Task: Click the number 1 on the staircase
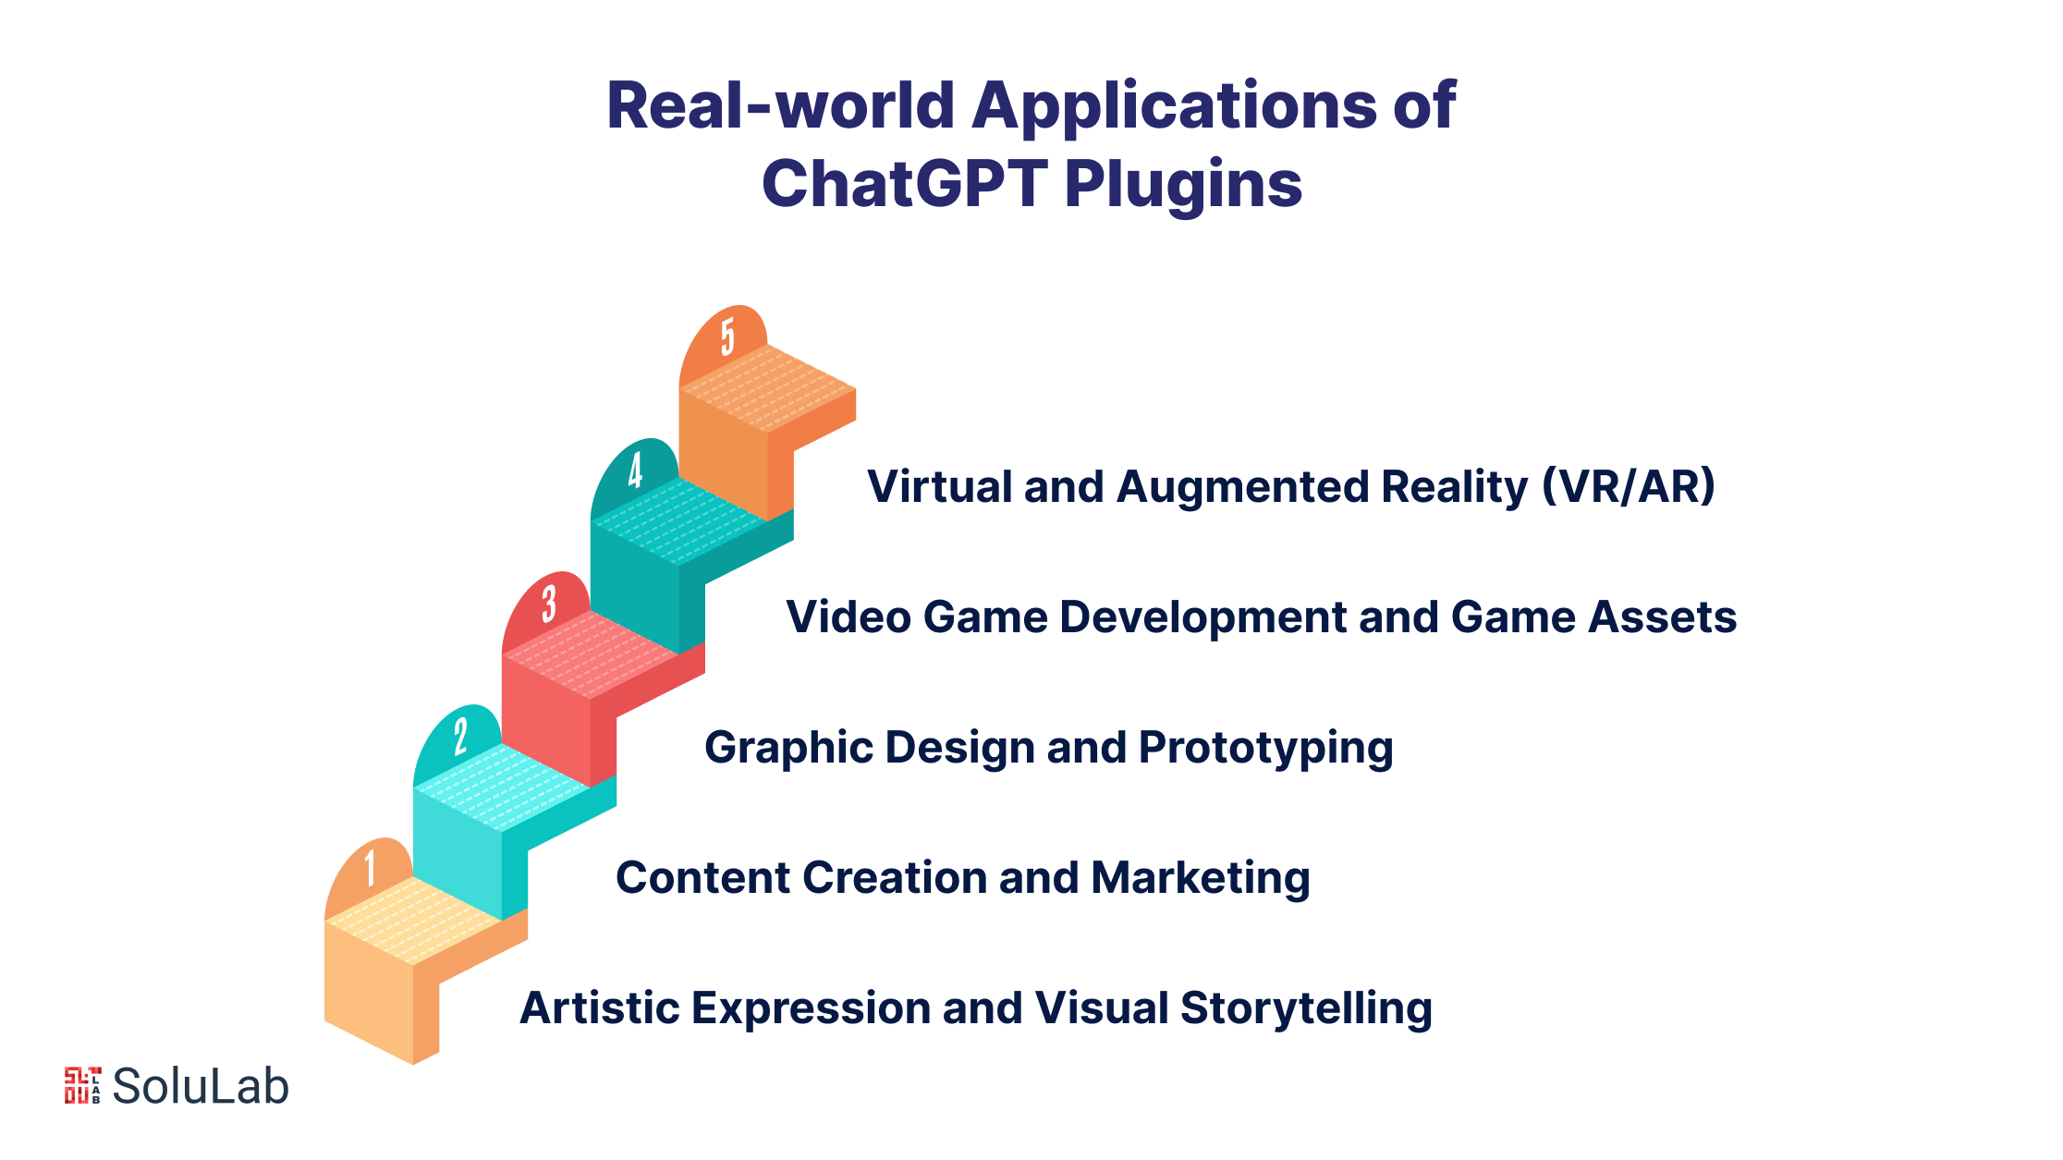pyautogui.click(x=370, y=868)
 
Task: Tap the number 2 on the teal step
pyautogui.click(x=460, y=736)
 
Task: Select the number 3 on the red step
pyautogui.click(x=549, y=604)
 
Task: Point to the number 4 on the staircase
pyautogui.click(x=635, y=470)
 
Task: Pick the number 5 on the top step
pyautogui.click(x=727, y=336)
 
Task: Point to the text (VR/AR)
pyautogui.click(x=1628, y=486)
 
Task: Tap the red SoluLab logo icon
pyautogui.click(x=82, y=1085)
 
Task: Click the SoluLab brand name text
pyautogui.click(x=201, y=1086)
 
